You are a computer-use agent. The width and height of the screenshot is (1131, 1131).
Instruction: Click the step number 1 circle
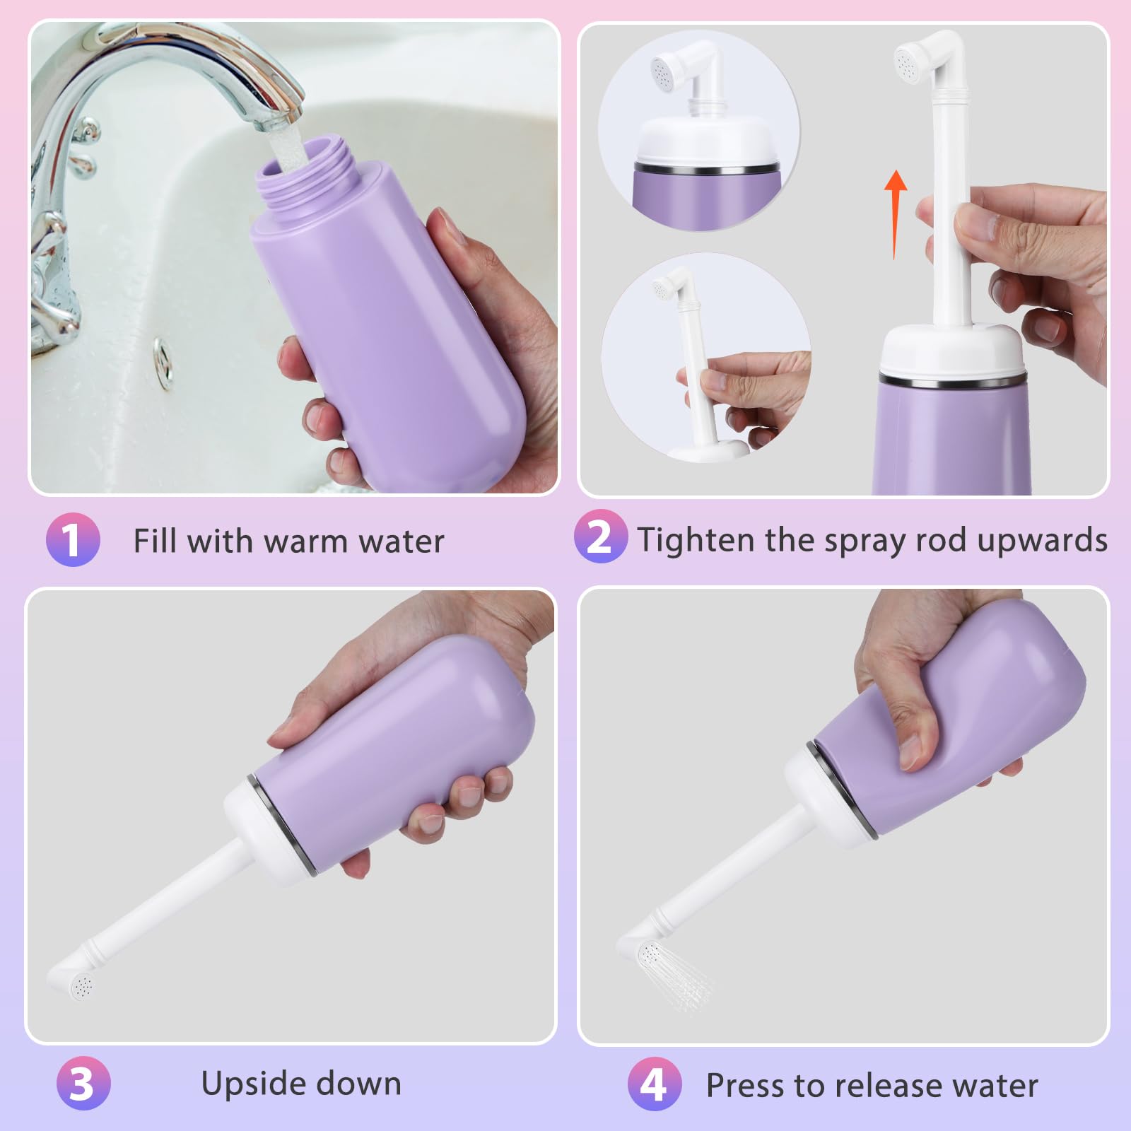tap(73, 540)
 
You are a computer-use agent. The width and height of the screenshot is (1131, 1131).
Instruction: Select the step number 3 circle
tap(83, 1083)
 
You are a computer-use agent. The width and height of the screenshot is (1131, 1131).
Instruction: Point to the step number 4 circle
tap(655, 1084)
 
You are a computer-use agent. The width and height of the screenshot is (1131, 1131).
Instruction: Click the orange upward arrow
tap(896, 212)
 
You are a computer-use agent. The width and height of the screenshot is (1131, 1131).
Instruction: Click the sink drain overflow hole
tap(163, 361)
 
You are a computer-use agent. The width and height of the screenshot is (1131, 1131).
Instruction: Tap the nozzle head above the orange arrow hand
tap(912, 61)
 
